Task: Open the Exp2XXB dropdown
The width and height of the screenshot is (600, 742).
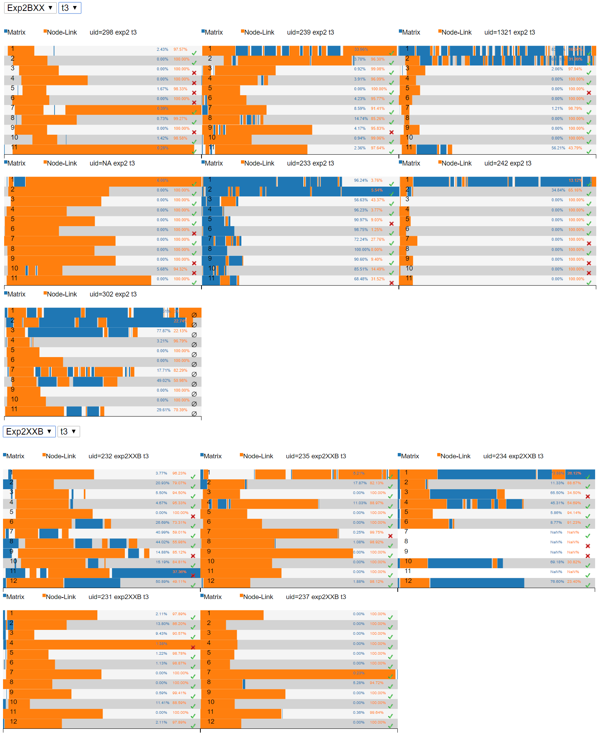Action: click(29, 432)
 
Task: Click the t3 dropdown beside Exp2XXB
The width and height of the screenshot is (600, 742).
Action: click(68, 432)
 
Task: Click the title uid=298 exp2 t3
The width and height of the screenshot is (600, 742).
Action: click(113, 32)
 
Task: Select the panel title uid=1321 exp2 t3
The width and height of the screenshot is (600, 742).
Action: click(509, 32)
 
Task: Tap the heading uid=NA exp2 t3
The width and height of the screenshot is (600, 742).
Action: click(112, 163)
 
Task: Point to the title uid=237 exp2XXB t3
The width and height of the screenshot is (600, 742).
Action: click(316, 597)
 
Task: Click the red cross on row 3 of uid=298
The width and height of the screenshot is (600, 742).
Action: click(194, 73)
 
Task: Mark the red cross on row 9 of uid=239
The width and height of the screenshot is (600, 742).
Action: click(391, 132)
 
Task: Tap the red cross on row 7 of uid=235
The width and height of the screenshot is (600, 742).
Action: click(390, 536)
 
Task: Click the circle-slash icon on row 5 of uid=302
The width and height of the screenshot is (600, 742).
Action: click(194, 354)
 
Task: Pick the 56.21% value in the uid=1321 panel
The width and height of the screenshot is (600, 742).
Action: click(558, 148)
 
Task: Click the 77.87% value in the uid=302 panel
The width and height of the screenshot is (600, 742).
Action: click(163, 331)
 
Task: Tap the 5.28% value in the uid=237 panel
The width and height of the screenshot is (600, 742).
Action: click(359, 683)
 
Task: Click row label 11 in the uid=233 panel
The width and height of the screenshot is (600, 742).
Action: click(211, 278)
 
